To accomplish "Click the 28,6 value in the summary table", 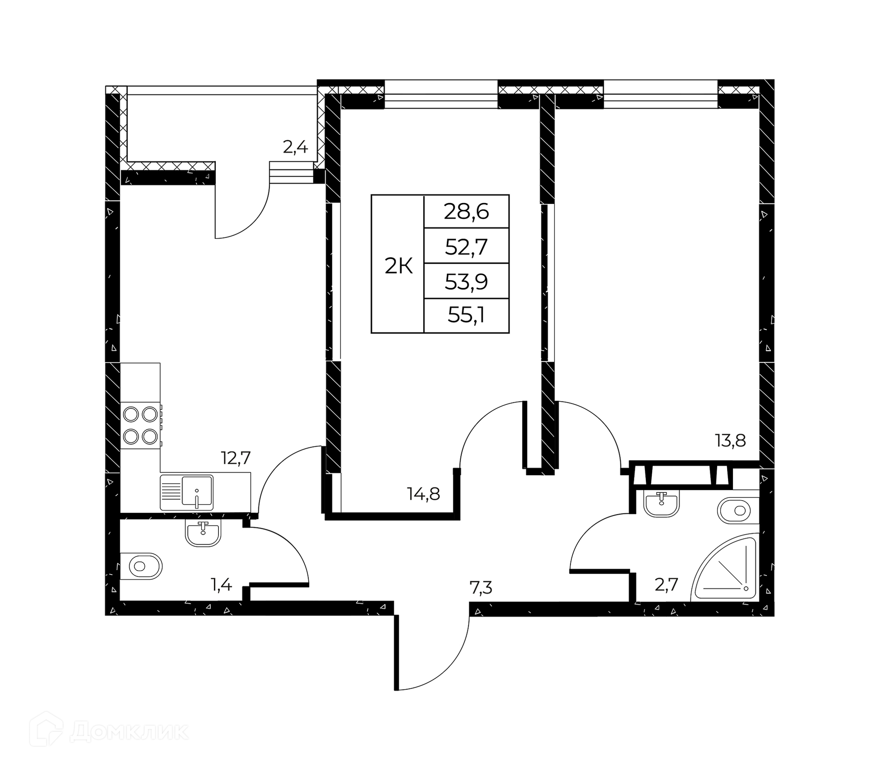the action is coord(466,212).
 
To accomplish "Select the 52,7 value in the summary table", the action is coord(466,247).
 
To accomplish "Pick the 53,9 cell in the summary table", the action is coord(466,282).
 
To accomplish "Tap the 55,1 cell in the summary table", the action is coord(466,315).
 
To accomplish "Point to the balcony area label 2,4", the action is coord(295,147).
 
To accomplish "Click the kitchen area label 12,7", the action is coord(236,457).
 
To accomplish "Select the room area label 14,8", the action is coord(423,493).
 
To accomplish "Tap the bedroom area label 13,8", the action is coord(730,441).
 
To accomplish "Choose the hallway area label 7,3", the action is coord(481,588).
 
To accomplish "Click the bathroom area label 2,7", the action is coord(666,584).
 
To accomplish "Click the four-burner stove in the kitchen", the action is coord(141,425).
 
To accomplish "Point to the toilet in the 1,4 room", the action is coord(141,566).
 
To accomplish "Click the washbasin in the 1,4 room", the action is coord(203,532).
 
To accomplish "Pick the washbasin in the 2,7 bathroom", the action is coord(661,503).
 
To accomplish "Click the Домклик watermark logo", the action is coord(109,731).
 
